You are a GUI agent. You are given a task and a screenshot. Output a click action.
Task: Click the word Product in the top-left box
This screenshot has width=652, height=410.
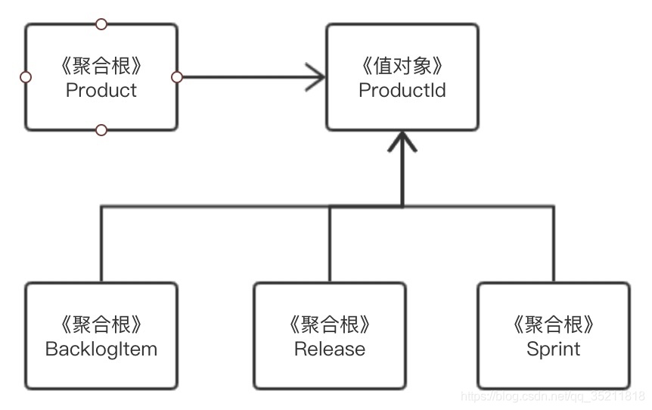(x=101, y=91)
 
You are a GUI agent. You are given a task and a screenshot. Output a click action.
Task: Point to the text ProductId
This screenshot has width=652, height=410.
(x=402, y=91)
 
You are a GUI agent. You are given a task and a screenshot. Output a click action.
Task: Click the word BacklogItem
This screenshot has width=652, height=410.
(x=101, y=349)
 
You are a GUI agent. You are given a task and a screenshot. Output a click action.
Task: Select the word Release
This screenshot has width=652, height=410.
(x=329, y=349)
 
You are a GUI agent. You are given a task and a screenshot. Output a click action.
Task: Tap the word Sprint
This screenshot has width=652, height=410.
(x=553, y=349)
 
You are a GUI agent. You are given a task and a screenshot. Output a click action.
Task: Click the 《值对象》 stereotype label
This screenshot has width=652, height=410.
(x=402, y=67)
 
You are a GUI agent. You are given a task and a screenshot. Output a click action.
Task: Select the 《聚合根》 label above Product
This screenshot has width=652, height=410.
(x=101, y=67)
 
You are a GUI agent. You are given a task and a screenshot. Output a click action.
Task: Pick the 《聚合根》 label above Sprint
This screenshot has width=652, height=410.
(x=553, y=325)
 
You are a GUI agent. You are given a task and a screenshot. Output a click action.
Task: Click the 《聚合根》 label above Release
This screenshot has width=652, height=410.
(x=329, y=325)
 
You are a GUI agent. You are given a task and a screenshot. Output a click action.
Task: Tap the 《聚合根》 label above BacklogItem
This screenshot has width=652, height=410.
(x=101, y=325)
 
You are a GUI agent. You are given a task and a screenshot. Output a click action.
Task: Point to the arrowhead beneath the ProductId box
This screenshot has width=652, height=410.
(x=402, y=140)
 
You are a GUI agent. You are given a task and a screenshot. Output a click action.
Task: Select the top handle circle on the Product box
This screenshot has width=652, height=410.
(x=101, y=24)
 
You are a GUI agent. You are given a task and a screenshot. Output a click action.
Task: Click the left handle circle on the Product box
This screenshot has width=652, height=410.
(x=26, y=77)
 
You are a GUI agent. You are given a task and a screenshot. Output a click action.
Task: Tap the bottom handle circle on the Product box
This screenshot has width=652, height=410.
(x=101, y=130)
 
